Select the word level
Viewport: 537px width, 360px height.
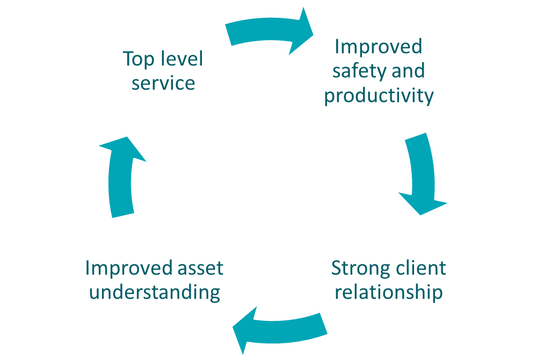click(x=182, y=59)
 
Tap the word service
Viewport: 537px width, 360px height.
click(x=163, y=83)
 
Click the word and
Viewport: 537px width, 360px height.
click(x=408, y=71)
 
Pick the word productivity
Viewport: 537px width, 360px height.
click(x=379, y=96)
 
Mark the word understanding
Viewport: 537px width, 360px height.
click(x=155, y=293)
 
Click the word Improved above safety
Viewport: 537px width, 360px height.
click(x=379, y=47)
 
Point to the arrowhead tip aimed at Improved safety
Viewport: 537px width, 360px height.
click(x=315, y=34)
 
